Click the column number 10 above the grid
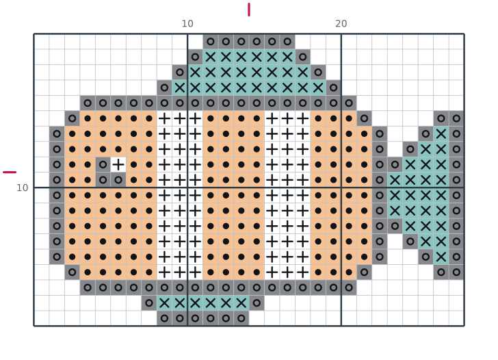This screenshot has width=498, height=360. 187,23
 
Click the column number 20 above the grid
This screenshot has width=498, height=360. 341,23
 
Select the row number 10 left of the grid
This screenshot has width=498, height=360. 22,188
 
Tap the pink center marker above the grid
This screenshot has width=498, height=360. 249,10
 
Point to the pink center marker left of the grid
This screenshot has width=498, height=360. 10,172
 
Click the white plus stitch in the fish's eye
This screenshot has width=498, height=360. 118,164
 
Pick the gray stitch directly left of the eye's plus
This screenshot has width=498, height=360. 103,164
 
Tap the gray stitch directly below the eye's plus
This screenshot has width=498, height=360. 118,180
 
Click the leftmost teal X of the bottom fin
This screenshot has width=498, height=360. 164,303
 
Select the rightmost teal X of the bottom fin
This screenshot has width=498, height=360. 241,303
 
